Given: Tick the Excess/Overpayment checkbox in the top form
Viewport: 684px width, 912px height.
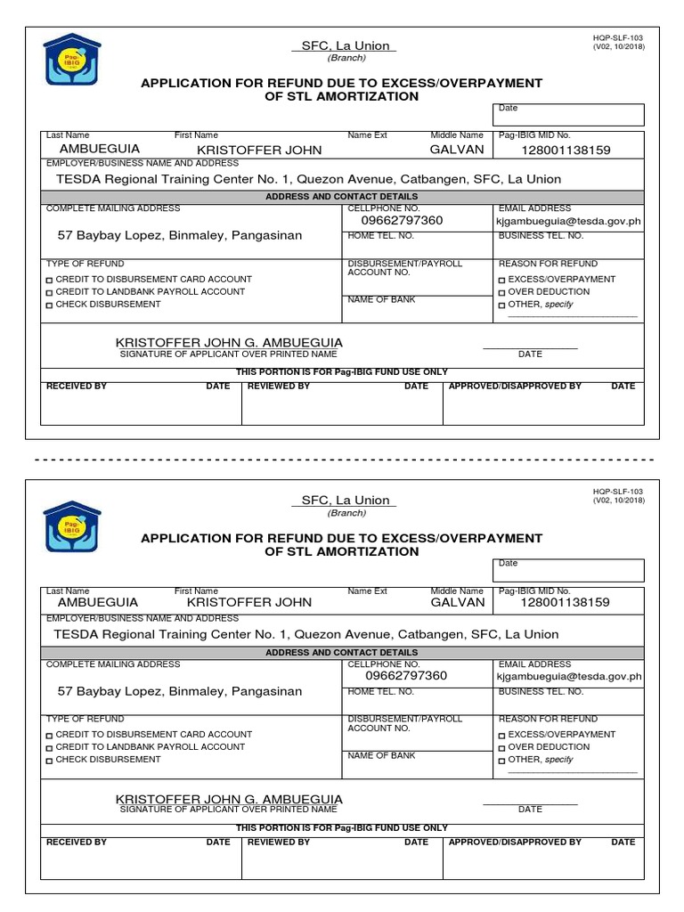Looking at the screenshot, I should tap(502, 280).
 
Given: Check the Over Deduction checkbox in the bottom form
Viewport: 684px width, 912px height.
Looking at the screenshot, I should tap(502, 747).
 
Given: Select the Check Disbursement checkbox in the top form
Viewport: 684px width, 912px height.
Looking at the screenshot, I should tap(50, 305).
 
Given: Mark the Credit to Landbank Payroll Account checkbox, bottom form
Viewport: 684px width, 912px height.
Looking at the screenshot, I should tap(50, 747).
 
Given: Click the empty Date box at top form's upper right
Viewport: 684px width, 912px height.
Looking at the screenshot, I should tap(567, 115).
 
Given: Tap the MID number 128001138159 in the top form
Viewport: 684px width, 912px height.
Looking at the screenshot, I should tap(566, 151).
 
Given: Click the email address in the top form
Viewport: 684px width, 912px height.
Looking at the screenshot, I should tap(568, 221).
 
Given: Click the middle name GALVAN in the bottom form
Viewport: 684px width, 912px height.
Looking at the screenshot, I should tap(458, 602).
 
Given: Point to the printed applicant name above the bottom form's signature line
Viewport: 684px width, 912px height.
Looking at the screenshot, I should tap(229, 800).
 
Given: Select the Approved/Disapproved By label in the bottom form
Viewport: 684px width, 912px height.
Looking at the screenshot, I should tap(515, 842).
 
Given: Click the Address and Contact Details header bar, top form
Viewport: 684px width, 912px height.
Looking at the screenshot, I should tap(342, 197).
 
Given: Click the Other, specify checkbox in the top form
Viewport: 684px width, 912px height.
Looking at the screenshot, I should tap(502, 305).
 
